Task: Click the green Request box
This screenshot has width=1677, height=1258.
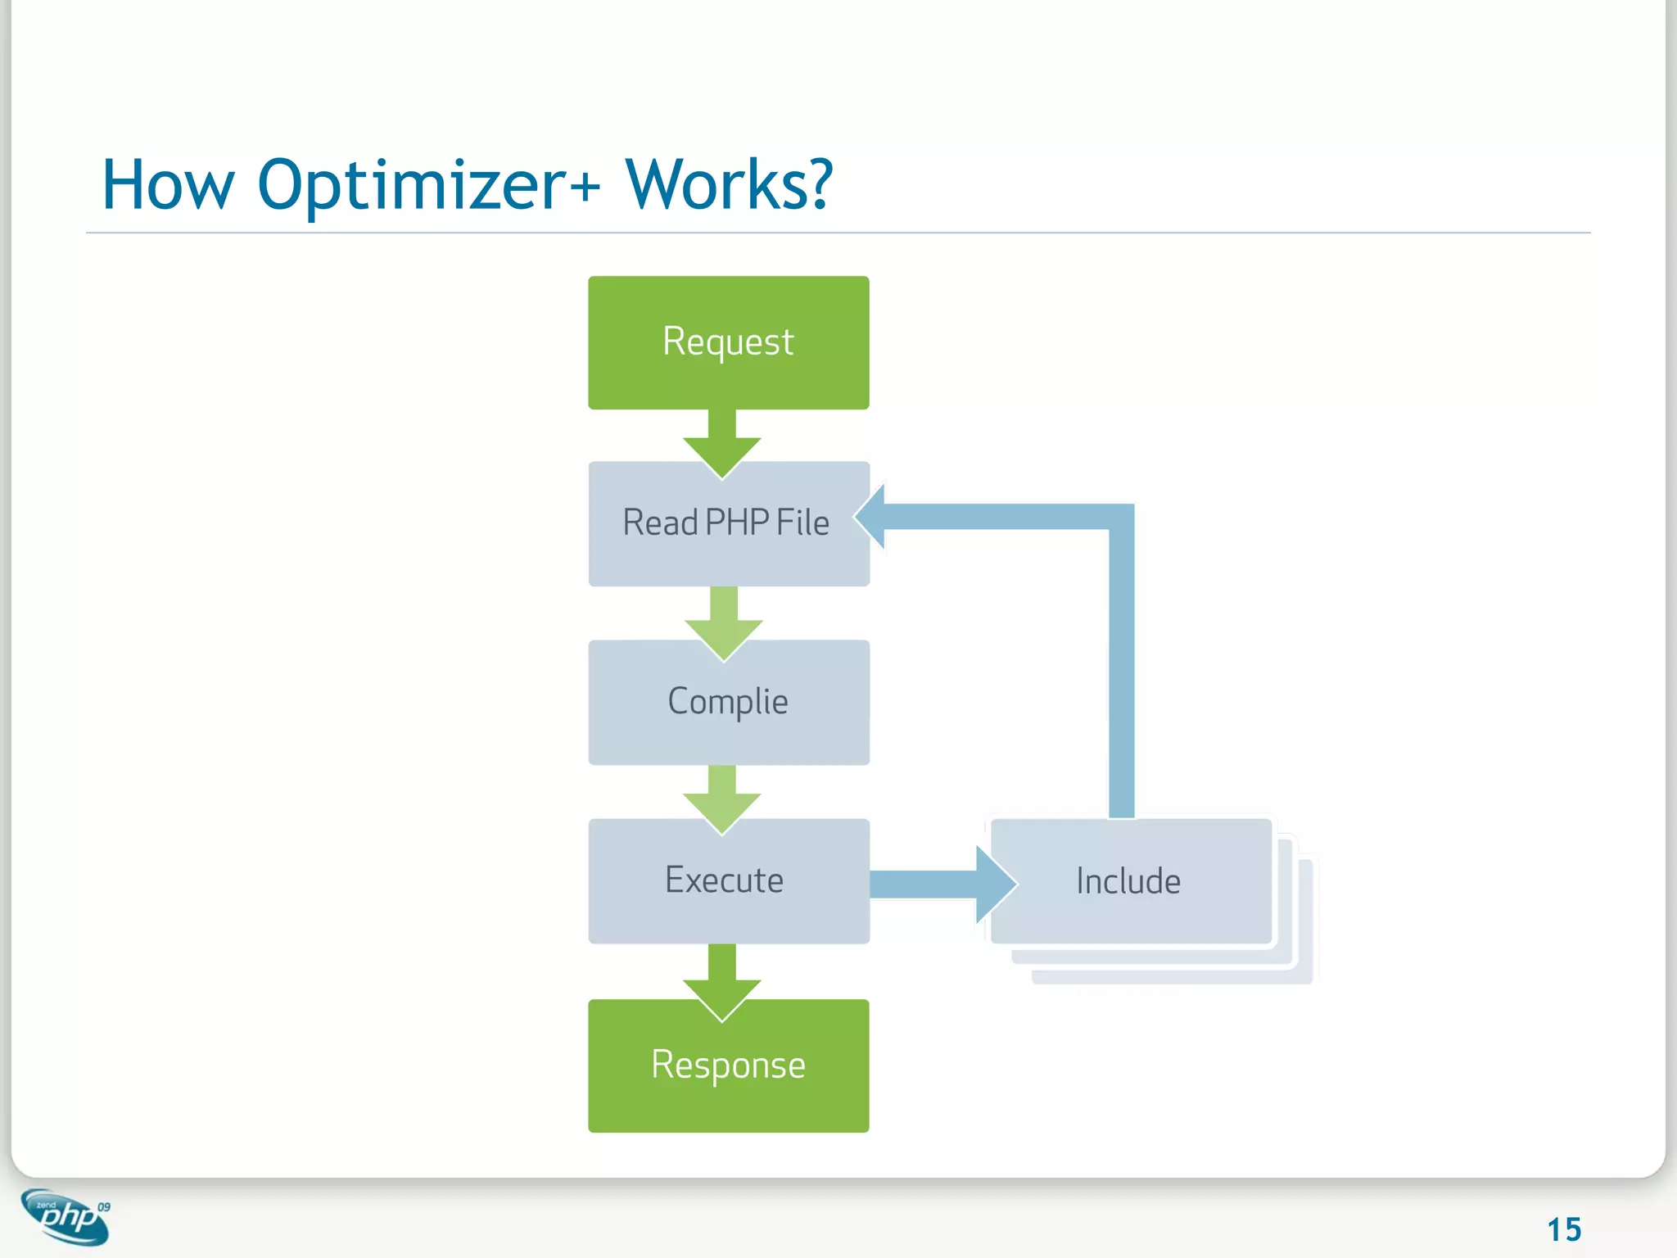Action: click(x=728, y=342)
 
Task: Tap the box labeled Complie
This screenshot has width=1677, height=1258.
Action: click(x=728, y=703)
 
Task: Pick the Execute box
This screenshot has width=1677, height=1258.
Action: click(x=728, y=881)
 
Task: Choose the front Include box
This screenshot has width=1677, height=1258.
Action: click(x=1130, y=881)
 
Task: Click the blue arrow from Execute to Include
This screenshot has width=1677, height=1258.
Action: click(x=942, y=885)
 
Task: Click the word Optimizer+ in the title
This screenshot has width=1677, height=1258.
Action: click(x=429, y=185)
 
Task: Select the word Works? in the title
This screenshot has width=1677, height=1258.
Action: click(x=729, y=185)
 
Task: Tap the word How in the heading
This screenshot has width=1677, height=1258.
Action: click(x=168, y=185)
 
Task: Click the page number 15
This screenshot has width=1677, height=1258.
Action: click(x=1563, y=1229)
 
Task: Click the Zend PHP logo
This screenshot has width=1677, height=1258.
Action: click(x=66, y=1218)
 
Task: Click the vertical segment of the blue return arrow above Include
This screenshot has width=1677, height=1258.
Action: click(x=1122, y=672)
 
